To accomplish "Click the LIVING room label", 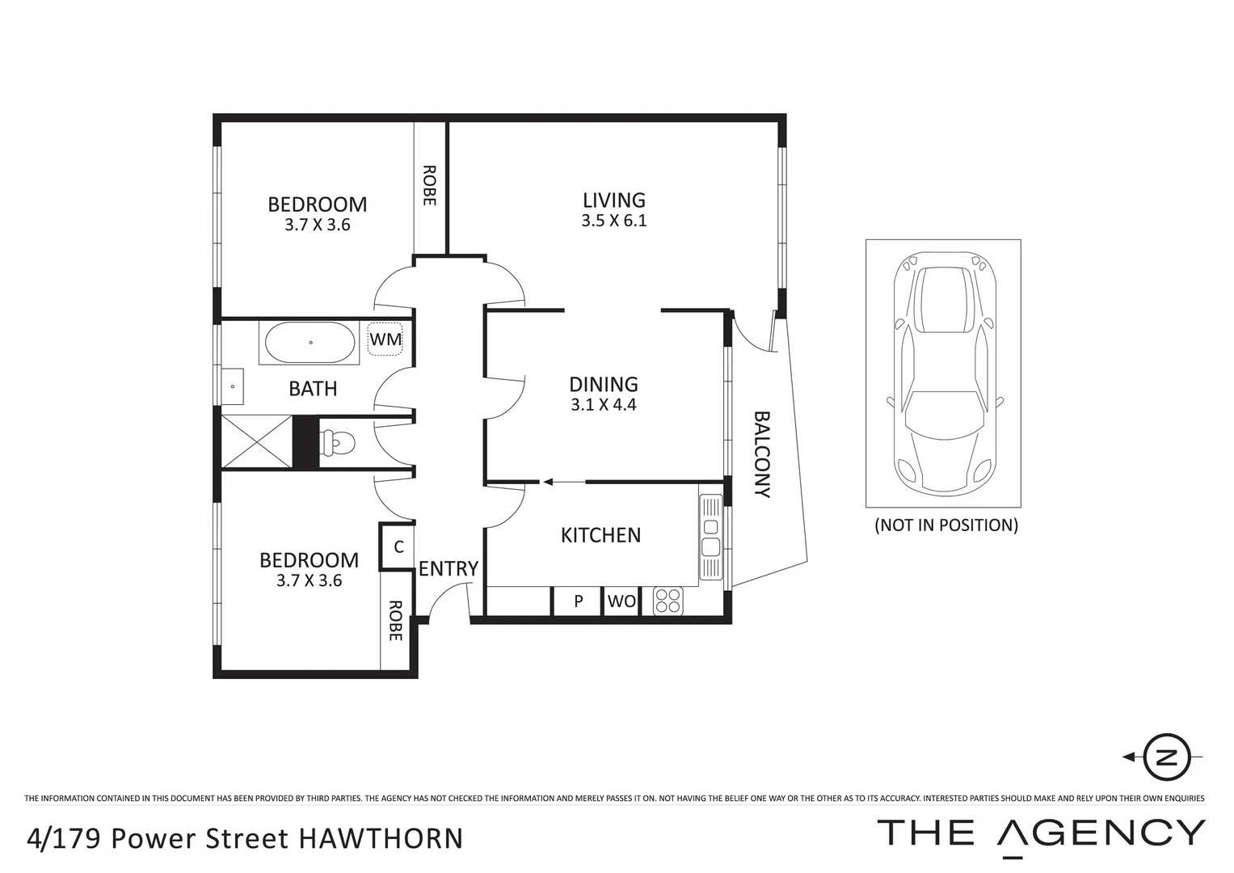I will (x=613, y=200).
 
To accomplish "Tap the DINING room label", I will (x=603, y=384).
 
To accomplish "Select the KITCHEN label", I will (x=600, y=535).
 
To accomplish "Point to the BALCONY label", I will (x=762, y=453).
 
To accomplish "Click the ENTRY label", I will (x=448, y=569).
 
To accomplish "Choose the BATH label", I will (x=313, y=389).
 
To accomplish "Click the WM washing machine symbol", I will (x=385, y=339).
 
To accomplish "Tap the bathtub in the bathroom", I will (x=310, y=343).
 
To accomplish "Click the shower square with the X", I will (x=256, y=441).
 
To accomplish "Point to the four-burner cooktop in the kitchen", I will (x=668, y=601).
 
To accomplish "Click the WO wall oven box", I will (x=621, y=601).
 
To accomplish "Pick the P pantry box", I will (x=579, y=601).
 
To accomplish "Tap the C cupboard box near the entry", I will (x=398, y=547).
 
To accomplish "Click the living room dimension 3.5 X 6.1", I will (x=613, y=221).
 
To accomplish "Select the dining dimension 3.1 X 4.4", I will (x=603, y=405).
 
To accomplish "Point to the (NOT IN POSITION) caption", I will (x=946, y=525).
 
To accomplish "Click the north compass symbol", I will (x=1166, y=757).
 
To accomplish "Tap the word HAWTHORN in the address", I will (x=381, y=838).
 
